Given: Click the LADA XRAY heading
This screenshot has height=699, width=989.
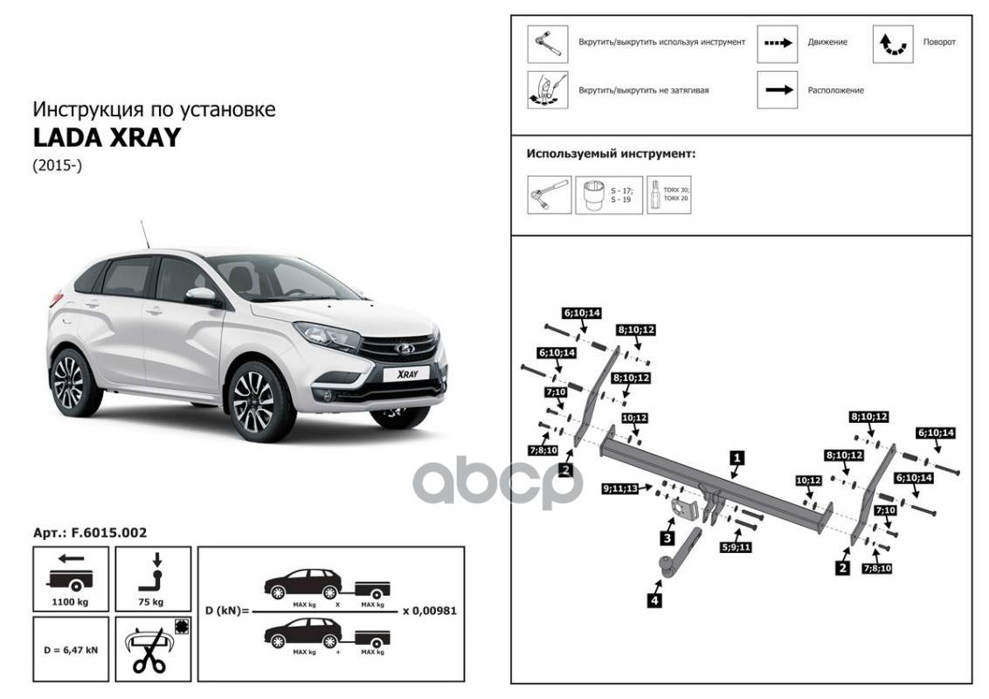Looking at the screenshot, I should (107, 138).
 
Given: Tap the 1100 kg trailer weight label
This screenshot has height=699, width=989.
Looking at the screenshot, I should (71, 602).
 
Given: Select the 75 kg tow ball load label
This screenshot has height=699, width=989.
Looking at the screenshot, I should (151, 602).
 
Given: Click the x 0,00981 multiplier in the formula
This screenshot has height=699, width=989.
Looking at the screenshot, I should (430, 611).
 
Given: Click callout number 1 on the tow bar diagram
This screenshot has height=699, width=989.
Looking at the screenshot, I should (737, 456).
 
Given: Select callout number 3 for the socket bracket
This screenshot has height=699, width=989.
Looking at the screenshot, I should (667, 537).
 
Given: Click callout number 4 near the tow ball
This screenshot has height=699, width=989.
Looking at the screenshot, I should (654, 599).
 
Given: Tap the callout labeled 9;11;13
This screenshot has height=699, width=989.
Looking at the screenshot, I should (620, 488).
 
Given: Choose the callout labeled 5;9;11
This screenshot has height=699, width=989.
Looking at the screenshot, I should (736, 547).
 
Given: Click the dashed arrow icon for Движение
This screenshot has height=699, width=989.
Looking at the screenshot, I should (777, 43).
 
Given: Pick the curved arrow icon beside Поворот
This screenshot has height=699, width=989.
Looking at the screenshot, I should (892, 43).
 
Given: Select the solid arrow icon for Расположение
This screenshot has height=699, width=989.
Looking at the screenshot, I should (777, 89).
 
